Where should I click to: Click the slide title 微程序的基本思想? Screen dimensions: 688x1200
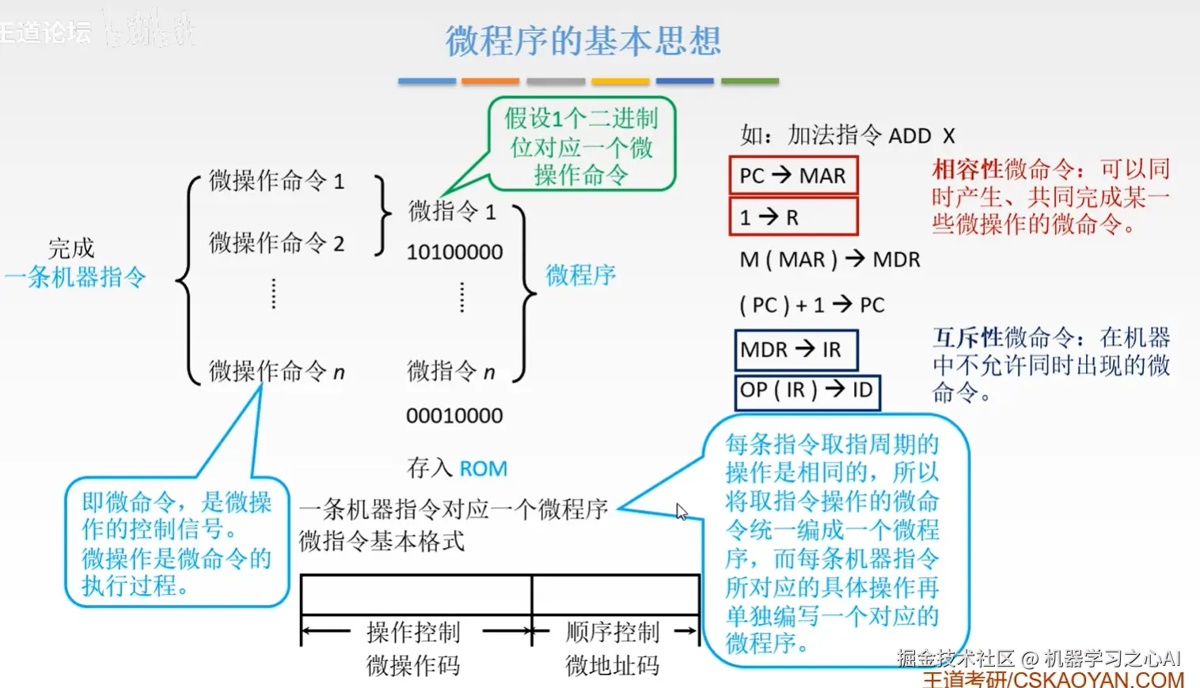[583, 41]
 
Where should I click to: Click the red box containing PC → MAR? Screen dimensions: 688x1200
[792, 176]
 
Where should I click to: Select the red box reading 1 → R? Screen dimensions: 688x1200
[792, 217]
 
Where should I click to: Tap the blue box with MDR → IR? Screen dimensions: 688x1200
[796, 350]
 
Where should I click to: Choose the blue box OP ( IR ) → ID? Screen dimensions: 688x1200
[807, 391]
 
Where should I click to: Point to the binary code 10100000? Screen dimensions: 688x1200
[454, 252]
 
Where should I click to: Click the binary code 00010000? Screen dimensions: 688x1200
[454, 416]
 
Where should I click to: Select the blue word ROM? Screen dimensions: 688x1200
[483, 469]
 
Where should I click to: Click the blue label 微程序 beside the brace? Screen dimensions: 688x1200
[580, 275]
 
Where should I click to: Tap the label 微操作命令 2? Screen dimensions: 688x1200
[276, 243]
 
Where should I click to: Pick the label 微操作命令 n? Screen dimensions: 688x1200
[276, 371]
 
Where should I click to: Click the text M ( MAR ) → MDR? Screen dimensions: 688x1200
[830, 259]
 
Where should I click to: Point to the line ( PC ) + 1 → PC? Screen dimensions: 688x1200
[811, 305]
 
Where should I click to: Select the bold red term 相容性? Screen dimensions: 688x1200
[967, 169]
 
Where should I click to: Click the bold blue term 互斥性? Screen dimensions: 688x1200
[967, 338]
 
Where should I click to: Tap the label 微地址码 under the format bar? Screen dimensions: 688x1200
[612, 666]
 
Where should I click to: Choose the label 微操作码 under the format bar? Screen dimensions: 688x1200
[412, 666]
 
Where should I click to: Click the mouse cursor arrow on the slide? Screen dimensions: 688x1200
[681, 512]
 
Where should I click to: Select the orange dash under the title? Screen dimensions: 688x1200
[490, 81]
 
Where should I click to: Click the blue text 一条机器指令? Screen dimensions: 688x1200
[76, 278]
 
